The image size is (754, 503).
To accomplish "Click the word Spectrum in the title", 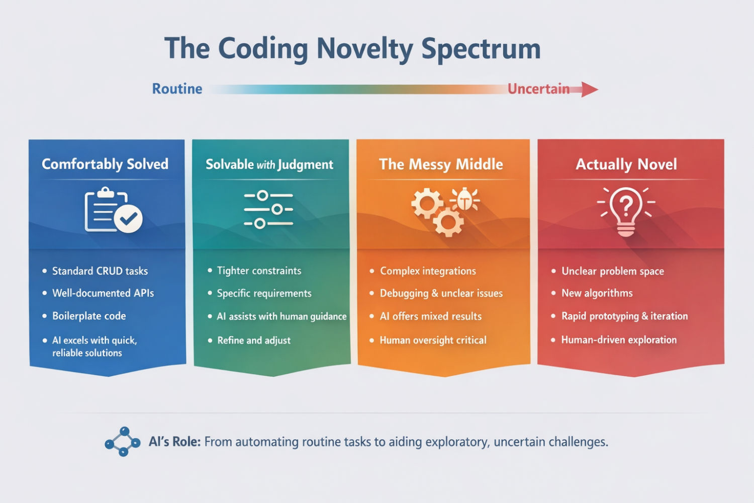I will click(x=481, y=49).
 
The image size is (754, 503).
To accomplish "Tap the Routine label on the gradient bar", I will click(x=177, y=89).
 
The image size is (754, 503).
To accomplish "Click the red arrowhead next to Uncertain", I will click(x=589, y=90).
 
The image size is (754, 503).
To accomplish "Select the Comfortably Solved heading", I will click(x=105, y=164).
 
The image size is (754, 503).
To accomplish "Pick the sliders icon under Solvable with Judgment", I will click(x=268, y=209).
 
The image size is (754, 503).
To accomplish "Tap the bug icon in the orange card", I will click(x=465, y=200).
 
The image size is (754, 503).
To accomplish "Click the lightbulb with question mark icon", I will click(x=626, y=211).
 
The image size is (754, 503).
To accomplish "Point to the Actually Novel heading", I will click(x=626, y=164).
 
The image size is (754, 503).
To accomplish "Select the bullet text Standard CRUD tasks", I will click(x=100, y=271).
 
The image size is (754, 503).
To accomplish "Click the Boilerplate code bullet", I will click(x=89, y=316).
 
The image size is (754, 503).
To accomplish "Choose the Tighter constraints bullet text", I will click(x=259, y=271).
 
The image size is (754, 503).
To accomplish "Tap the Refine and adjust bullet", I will click(x=254, y=341).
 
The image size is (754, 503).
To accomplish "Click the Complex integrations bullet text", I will click(x=428, y=271).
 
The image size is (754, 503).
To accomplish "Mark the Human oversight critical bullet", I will click(x=433, y=341).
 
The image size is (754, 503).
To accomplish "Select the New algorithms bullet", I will click(x=597, y=293).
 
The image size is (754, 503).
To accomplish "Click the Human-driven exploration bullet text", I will click(x=619, y=340).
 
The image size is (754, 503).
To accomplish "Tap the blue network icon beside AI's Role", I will click(x=123, y=442).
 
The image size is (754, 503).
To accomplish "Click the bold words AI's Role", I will click(x=174, y=442).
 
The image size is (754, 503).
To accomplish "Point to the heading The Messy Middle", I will click(x=441, y=164).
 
